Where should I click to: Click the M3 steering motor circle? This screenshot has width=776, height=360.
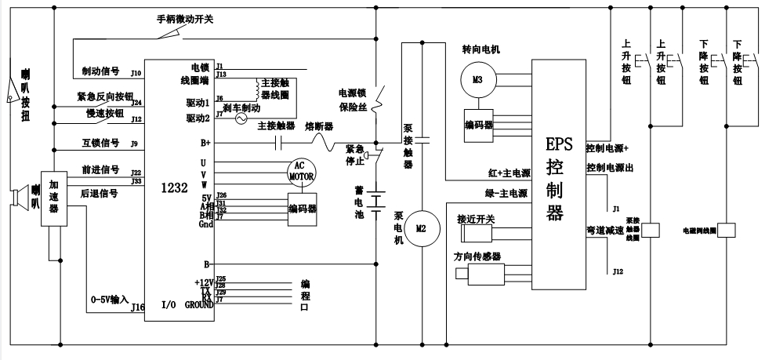478,79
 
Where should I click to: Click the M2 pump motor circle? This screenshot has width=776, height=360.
422,228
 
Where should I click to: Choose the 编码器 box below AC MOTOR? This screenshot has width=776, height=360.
302,209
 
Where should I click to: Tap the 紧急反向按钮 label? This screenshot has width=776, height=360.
105,97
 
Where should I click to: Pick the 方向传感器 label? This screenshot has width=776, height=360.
477,256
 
